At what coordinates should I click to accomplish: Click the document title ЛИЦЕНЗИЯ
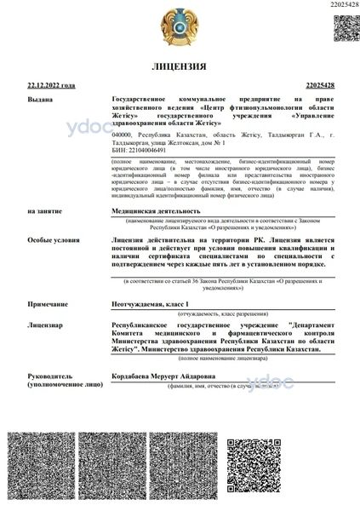[x=180, y=66]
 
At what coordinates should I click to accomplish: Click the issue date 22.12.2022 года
[x=51, y=86]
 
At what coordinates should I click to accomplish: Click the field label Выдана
[x=40, y=100]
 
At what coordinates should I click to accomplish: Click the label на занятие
[x=44, y=210]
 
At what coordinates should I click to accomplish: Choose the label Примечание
[x=49, y=304]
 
